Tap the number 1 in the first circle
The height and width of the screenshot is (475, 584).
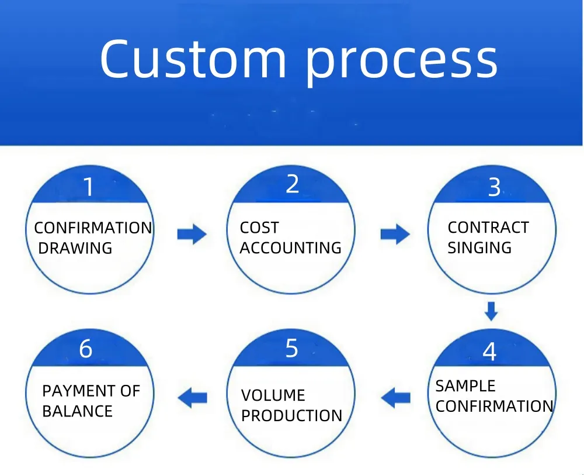89,188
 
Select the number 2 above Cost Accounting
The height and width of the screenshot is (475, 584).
292,184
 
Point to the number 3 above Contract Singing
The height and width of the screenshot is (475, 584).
494,188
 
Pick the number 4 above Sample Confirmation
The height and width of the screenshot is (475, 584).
489,352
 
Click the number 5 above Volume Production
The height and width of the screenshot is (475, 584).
292,349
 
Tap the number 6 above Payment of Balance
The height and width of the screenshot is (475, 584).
85,349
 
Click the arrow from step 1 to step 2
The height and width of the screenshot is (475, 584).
192,235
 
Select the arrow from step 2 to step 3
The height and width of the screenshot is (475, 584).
395,235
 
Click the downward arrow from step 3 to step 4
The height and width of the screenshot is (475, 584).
491,311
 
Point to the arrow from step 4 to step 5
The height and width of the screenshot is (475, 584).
396,398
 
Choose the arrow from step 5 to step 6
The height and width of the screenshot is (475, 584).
192,398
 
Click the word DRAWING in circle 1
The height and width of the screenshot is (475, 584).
75,248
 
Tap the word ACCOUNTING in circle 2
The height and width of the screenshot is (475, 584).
290,248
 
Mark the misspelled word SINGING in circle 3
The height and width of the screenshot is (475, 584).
479,248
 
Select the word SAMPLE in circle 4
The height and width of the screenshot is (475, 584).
465,386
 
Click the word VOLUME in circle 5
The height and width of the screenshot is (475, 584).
273,395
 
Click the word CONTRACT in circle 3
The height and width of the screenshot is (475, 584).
488,228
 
